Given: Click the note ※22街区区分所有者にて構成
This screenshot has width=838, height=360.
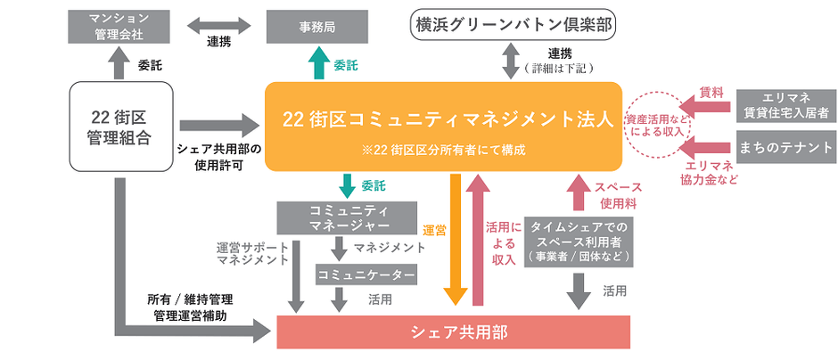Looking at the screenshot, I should [443, 150].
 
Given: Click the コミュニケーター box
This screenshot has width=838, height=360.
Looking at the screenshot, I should [366, 275].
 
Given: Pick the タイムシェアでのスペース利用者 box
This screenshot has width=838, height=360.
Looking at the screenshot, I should [579, 241].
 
